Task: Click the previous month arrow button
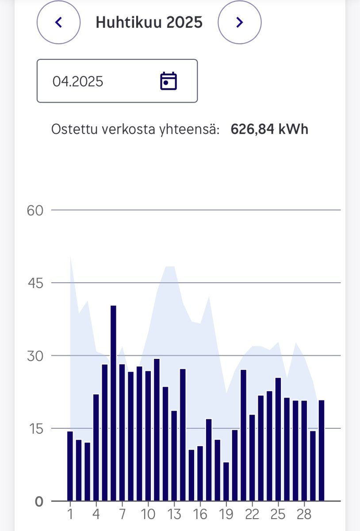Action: coord(58,22)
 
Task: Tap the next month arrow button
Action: coord(239,22)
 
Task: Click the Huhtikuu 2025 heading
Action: coord(149,22)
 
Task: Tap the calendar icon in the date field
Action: coord(168,81)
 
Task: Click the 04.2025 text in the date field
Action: coord(78,81)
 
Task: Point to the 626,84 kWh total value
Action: coord(269,129)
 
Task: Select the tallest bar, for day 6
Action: coord(113,403)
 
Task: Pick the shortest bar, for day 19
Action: coord(226,481)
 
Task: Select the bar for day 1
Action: coord(70,466)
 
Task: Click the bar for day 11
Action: coord(157,429)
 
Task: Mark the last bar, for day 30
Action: coord(322,450)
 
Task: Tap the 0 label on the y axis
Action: coord(39,501)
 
